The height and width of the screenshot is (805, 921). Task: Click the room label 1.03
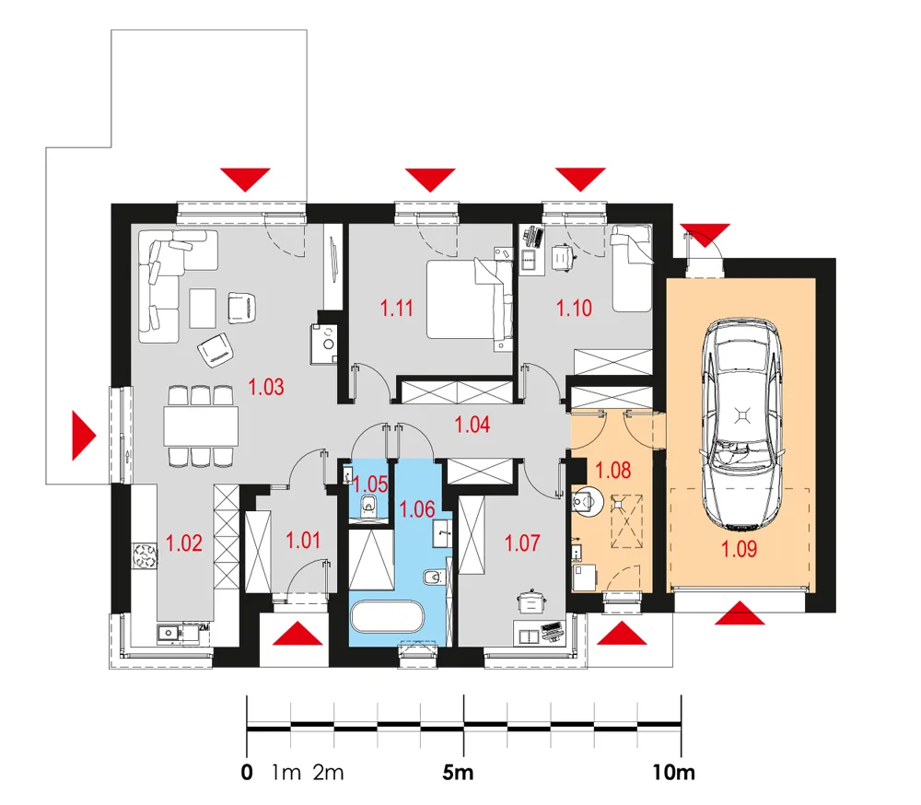(x=266, y=387)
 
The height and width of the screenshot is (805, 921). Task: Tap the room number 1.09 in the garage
(x=739, y=549)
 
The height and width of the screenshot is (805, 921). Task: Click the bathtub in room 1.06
(x=387, y=616)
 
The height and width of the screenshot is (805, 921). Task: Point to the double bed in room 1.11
(x=470, y=299)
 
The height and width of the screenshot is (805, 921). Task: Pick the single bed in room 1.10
(x=632, y=268)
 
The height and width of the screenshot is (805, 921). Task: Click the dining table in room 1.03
(x=201, y=426)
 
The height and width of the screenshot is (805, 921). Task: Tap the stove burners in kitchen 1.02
(x=145, y=556)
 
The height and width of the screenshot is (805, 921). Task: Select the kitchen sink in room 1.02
(x=168, y=633)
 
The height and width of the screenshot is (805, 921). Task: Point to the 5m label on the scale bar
(x=458, y=772)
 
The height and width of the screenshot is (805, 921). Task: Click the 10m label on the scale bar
(x=674, y=772)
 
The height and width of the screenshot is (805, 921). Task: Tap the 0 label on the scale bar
(x=247, y=772)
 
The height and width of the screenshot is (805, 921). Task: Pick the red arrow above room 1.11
(x=430, y=180)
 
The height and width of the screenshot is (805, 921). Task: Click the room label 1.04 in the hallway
(x=472, y=425)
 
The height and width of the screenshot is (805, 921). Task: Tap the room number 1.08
(x=613, y=470)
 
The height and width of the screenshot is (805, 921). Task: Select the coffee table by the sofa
(x=203, y=308)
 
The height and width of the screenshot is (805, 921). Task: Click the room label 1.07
(x=522, y=542)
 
